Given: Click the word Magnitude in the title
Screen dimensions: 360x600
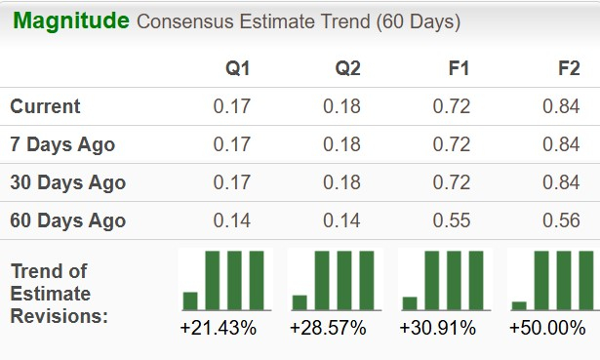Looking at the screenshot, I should (x=70, y=20).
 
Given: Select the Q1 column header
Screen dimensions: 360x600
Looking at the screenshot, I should (x=238, y=69).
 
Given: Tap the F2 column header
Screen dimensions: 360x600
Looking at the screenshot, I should (x=568, y=69).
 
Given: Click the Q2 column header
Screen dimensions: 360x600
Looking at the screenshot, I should (x=348, y=69).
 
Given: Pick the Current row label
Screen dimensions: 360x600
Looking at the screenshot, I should (x=45, y=107).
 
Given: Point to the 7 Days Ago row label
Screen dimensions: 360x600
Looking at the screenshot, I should (x=62, y=145).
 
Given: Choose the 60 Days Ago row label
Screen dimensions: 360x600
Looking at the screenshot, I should (x=67, y=220).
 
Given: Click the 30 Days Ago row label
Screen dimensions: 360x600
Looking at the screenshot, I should (x=67, y=182).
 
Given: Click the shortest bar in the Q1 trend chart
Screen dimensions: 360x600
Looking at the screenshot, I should (x=190, y=300).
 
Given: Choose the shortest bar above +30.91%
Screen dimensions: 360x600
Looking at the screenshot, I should (x=410, y=302).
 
